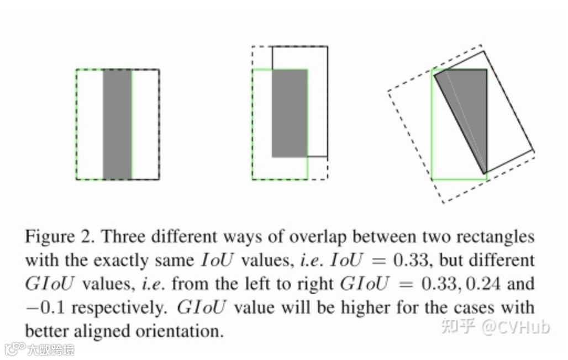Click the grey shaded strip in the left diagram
[117, 124]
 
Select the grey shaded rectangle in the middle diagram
[289, 113]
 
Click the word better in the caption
[46, 331]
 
